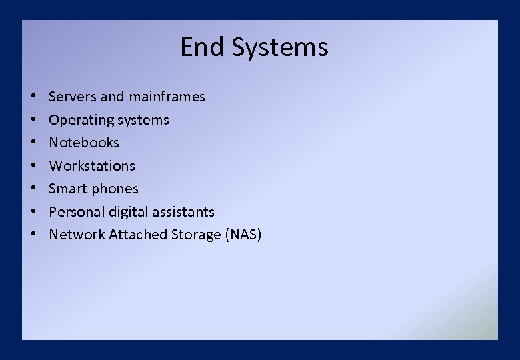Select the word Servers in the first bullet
click(73, 97)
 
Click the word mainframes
click(167, 97)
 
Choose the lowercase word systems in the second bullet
click(143, 121)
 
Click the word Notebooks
click(84, 143)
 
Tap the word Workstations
click(92, 166)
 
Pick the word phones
click(115, 189)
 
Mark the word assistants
click(184, 212)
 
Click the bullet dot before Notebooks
click(33, 143)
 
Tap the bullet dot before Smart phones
click(33, 189)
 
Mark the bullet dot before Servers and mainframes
click(33, 97)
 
